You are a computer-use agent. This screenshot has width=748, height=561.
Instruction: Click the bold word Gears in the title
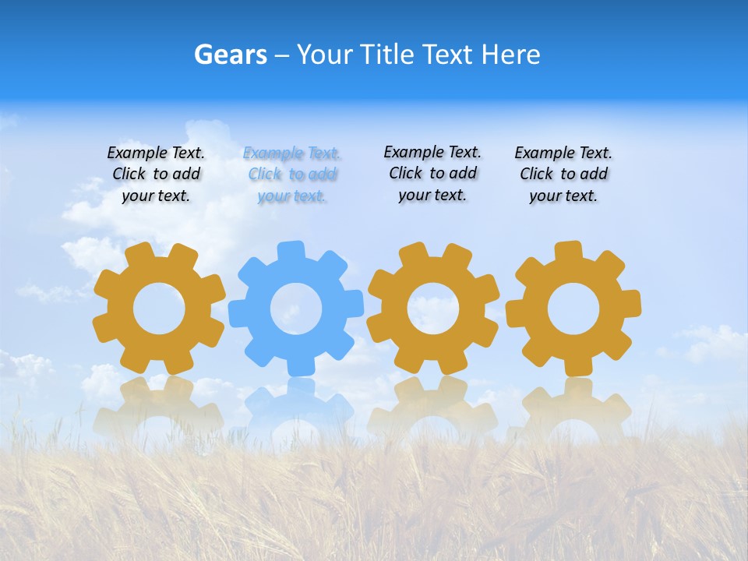point(231,55)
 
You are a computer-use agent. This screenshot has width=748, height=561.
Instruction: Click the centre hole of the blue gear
point(296,309)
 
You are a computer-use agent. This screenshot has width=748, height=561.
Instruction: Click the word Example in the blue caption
point(273,153)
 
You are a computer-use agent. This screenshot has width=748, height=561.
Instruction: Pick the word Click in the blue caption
point(265,175)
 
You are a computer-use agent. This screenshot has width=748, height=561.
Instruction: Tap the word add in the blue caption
point(323,175)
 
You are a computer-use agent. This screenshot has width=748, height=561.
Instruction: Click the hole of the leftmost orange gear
point(159,309)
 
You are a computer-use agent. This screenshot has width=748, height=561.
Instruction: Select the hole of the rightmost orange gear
point(573,309)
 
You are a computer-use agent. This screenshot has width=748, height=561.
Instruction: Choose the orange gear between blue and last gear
point(433,309)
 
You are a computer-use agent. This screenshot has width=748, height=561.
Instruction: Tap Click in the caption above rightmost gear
point(536,174)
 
